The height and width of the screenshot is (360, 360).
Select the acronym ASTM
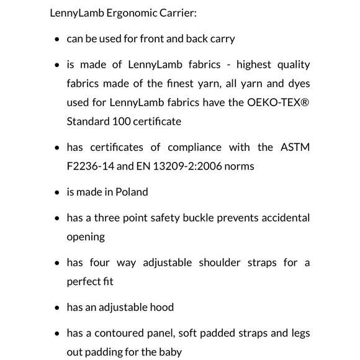[295, 147]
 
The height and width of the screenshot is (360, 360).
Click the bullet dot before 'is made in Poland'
[56, 192]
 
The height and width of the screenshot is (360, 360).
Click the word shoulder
[221, 263]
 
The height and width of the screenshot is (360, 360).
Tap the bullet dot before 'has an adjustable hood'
[56, 308]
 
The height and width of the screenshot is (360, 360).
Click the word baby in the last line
[169, 352]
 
